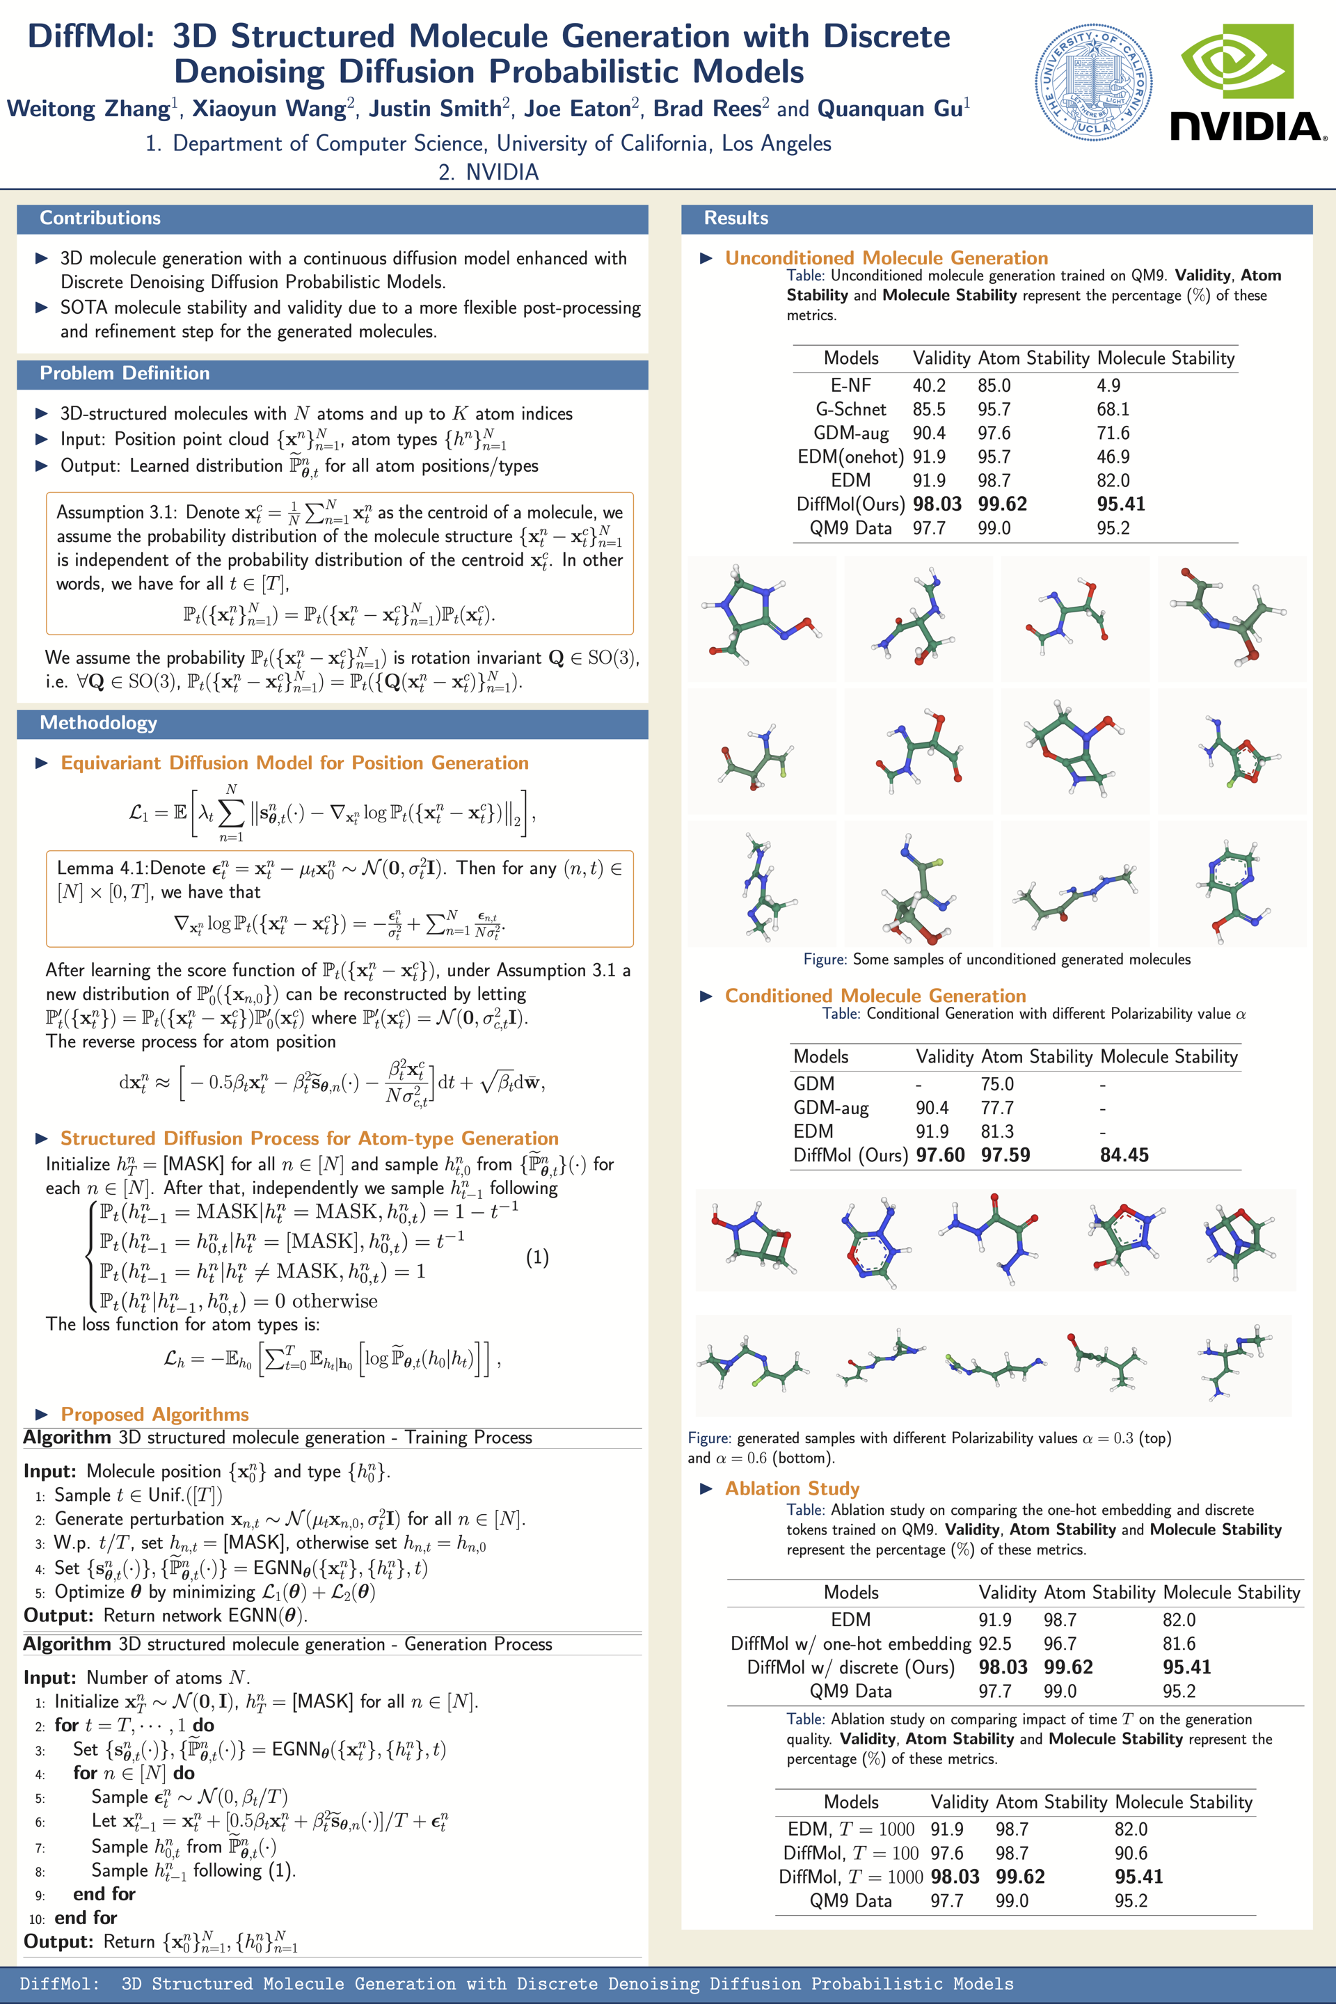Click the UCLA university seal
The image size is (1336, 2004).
coord(1093,83)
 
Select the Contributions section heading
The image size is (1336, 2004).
coord(100,218)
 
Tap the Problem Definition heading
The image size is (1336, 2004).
coord(125,373)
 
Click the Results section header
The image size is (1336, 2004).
coord(735,218)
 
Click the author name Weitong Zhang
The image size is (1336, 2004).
coord(88,109)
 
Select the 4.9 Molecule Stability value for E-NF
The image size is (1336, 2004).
coord(1108,385)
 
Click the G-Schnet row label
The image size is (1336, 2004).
coord(850,409)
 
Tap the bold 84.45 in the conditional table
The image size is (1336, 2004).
coord(1124,1155)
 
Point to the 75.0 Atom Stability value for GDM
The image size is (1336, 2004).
coord(997,1084)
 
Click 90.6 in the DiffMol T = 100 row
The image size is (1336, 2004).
coord(1131,1853)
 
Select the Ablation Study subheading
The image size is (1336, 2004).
coord(792,1488)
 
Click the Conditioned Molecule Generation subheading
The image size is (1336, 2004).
coord(875,995)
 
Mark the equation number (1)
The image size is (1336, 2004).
coord(536,1257)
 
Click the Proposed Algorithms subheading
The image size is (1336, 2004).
coord(154,1415)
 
